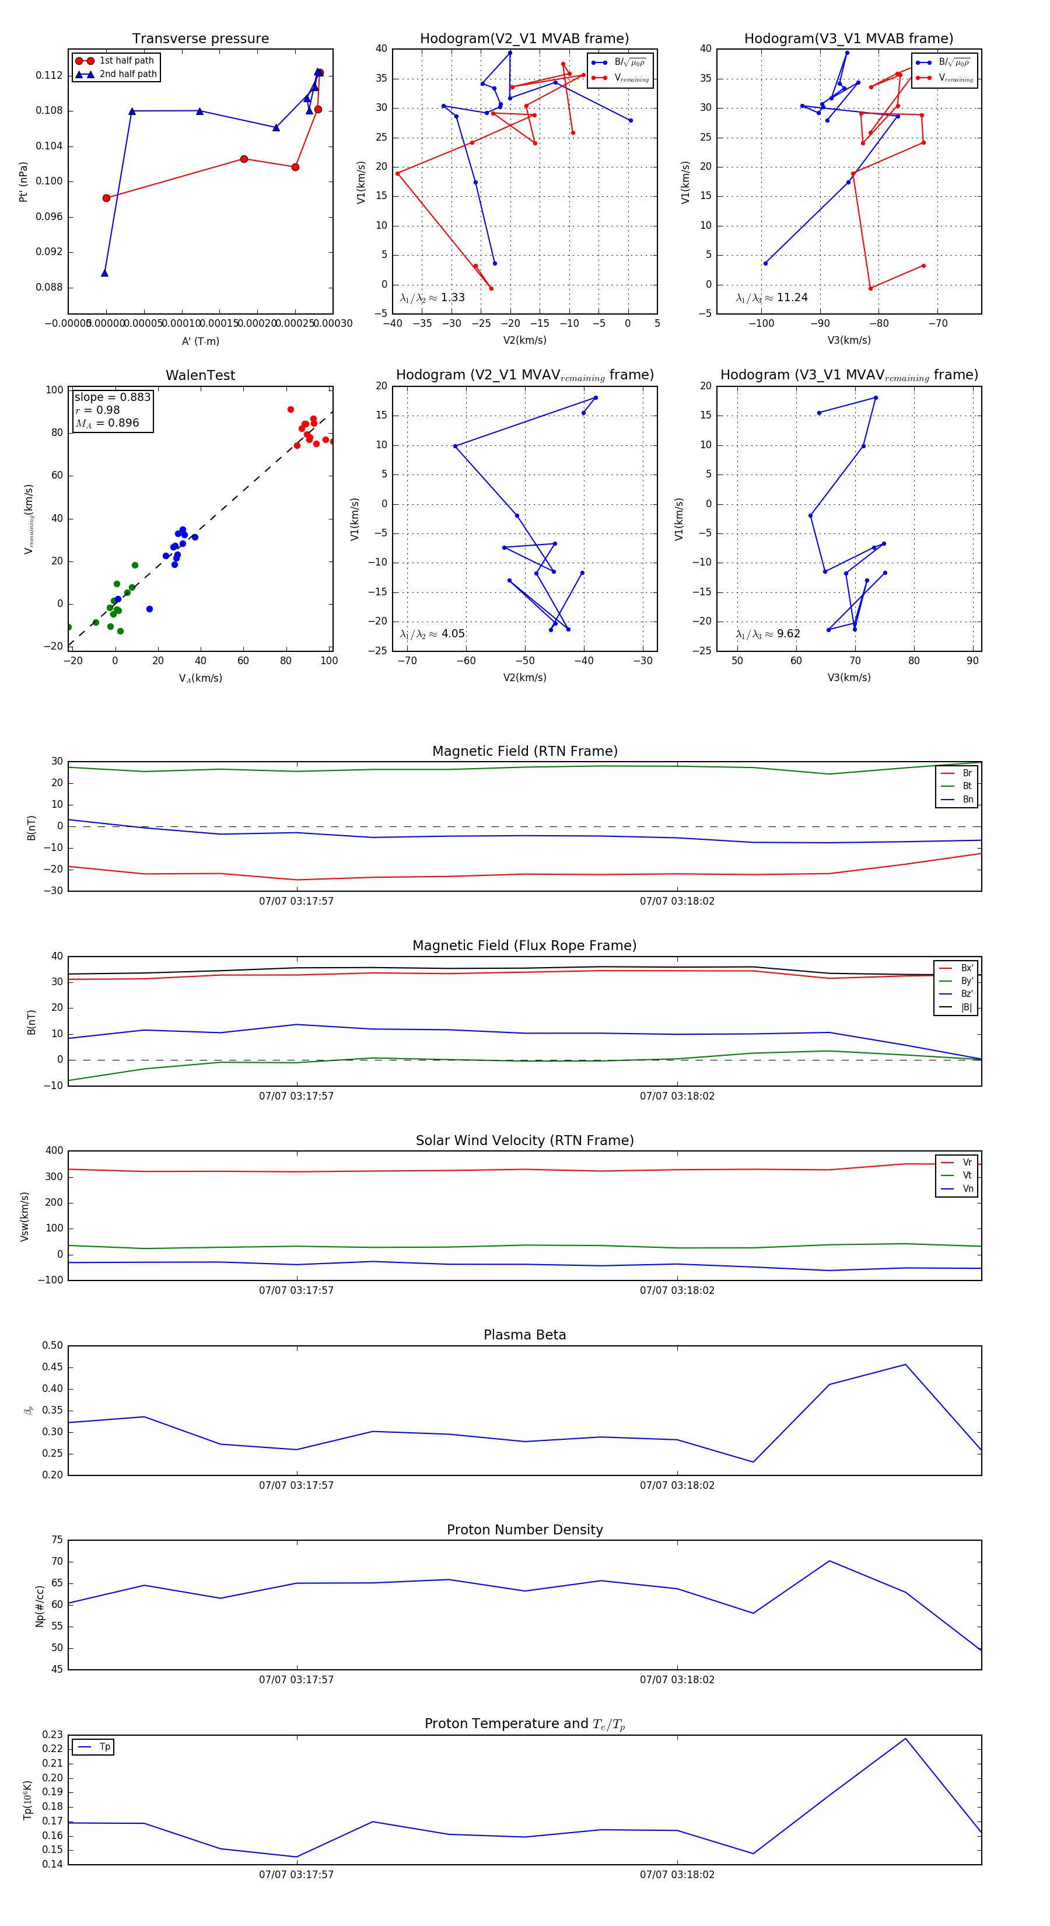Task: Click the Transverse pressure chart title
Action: coord(200,39)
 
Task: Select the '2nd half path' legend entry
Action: coord(128,74)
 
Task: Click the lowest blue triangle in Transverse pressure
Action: coord(104,273)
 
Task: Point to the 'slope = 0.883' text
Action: coord(112,397)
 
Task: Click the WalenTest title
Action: coord(200,375)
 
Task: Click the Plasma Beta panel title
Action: coord(524,1335)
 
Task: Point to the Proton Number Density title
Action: coord(524,1529)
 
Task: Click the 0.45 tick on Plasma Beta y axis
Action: coord(52,1367)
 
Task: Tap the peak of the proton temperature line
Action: coord(906,1738)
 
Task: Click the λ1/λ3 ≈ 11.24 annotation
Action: coord(771,298)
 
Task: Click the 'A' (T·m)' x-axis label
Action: coord(200,341)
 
